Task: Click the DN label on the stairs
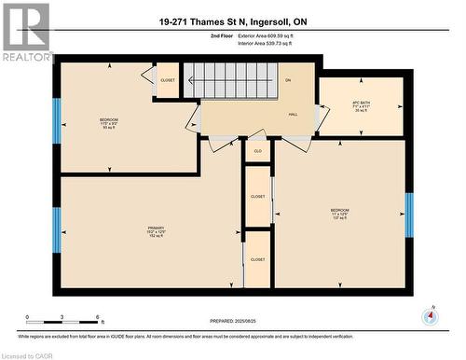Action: click(288, 81)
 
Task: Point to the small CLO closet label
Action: click(258, 150)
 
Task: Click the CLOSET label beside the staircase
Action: click(168, 80)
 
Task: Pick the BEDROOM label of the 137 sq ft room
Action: click(339, 211)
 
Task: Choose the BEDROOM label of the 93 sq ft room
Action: click(109, 120)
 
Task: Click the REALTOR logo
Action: click(26, 32)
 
